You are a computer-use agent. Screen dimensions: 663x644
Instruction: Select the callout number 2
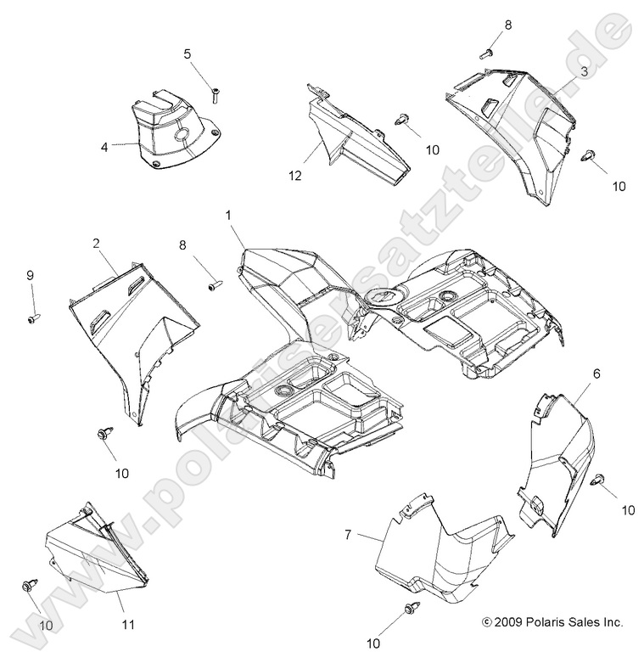click(x=97, y=244)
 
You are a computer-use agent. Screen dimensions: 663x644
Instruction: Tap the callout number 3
click(x=584, y=72)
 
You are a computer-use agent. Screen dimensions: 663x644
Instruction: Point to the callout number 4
click(x=104, y=146)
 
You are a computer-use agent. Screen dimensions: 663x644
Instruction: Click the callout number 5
click(x=187, y=53)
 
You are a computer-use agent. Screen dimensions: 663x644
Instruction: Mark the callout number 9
click(x=31, y=275)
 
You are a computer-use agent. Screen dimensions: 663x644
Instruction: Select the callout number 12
click(x=294, y=176)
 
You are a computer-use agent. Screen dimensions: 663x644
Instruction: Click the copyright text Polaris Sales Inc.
click(x=552, y=622)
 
